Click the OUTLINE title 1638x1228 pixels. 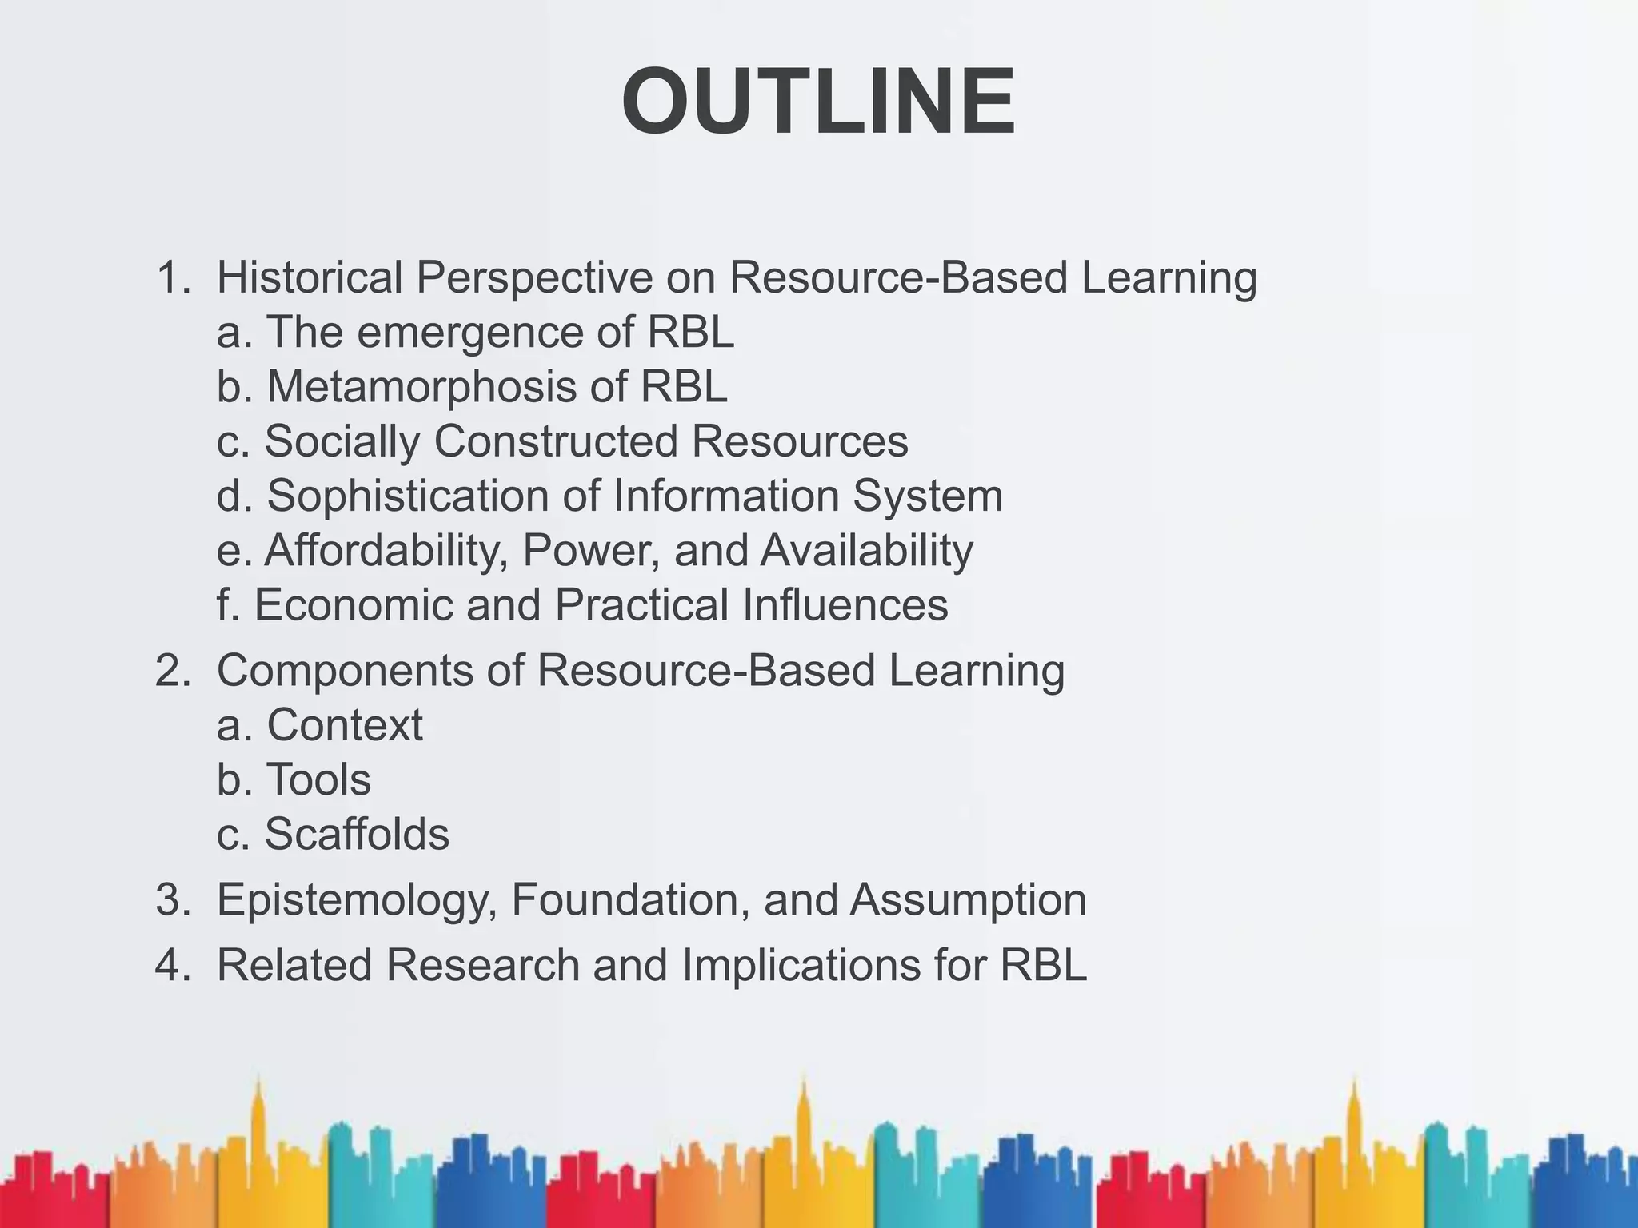[x=818, y=103]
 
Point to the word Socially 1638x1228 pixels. [x=342, y=441]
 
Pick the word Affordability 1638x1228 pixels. [x=386, y=551]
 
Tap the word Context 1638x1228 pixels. [x=345, y=725]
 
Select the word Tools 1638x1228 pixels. [x=318, y=779]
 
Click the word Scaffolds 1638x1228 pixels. [x=357, y=834]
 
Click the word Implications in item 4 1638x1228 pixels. [x=801, y=965]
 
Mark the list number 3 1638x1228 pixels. [x=170, y=900]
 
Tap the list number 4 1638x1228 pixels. [x=170, y=965]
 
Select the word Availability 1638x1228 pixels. [x=867, y=551]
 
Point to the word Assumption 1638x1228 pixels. [x=969, y=900]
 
